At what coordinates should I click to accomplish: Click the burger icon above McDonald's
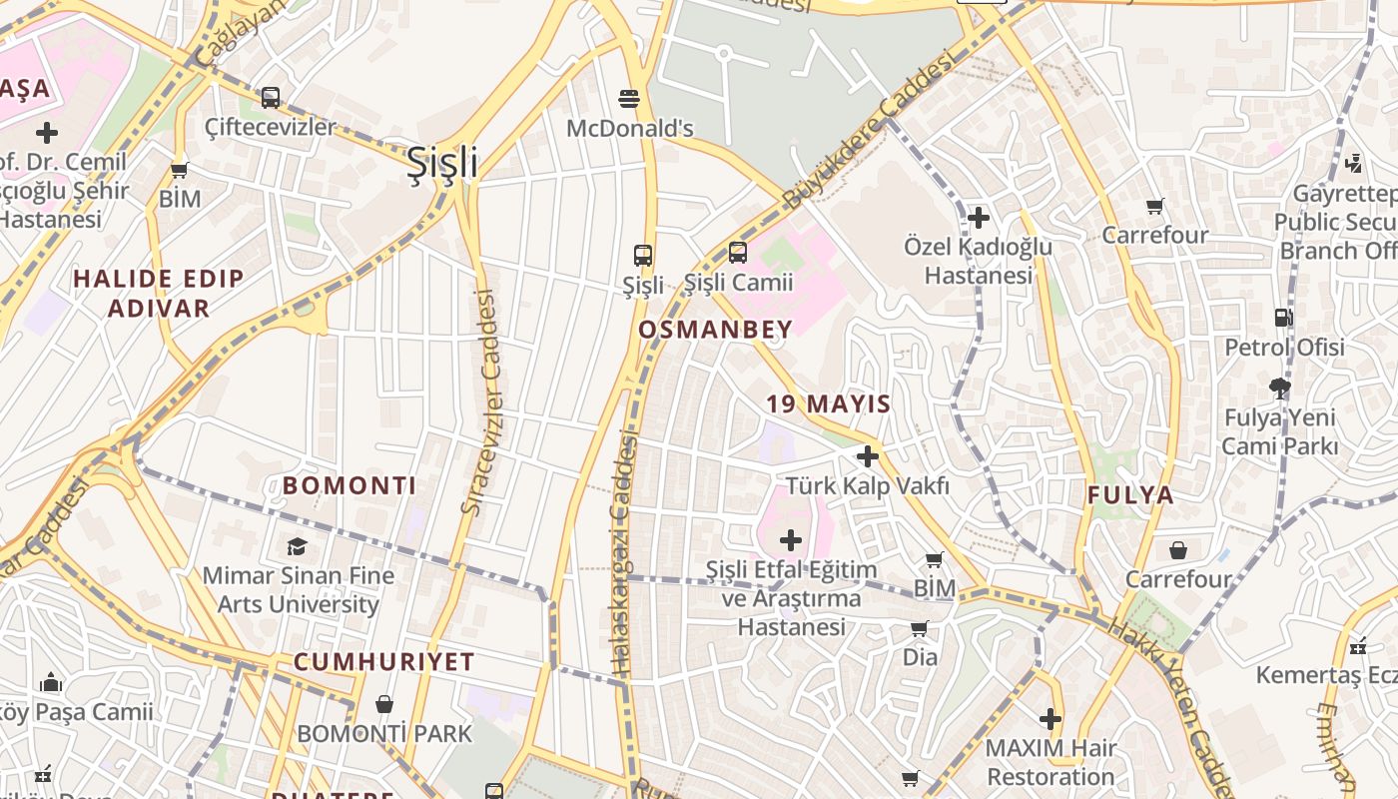pos(629,99)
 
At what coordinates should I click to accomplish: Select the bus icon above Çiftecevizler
pos(271,98)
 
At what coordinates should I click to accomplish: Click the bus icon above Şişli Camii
pos(738,253)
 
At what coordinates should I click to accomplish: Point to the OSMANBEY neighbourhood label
pos(715,330)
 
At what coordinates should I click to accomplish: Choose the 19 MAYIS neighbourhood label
pos(829,404)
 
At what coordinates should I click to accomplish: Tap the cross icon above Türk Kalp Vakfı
pos(867,456)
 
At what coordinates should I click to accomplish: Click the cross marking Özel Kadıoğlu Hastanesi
pos(979,217)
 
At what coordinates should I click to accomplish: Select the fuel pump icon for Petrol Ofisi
pos(1283,318)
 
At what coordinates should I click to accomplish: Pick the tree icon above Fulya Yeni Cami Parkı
pos(1280,388)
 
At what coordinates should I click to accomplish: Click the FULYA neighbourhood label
pos(1130,495)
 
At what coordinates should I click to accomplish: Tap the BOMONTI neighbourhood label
pos(349,486)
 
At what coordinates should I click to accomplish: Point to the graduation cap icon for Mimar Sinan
pos(297,546)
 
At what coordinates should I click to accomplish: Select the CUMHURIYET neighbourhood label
pos(383,662)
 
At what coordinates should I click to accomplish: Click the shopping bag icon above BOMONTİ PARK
pos(383,704)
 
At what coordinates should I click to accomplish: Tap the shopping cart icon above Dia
pos(920,628)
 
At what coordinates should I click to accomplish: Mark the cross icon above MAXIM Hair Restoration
pos(1049,718)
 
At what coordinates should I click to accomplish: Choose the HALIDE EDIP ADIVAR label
pos(159,293)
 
